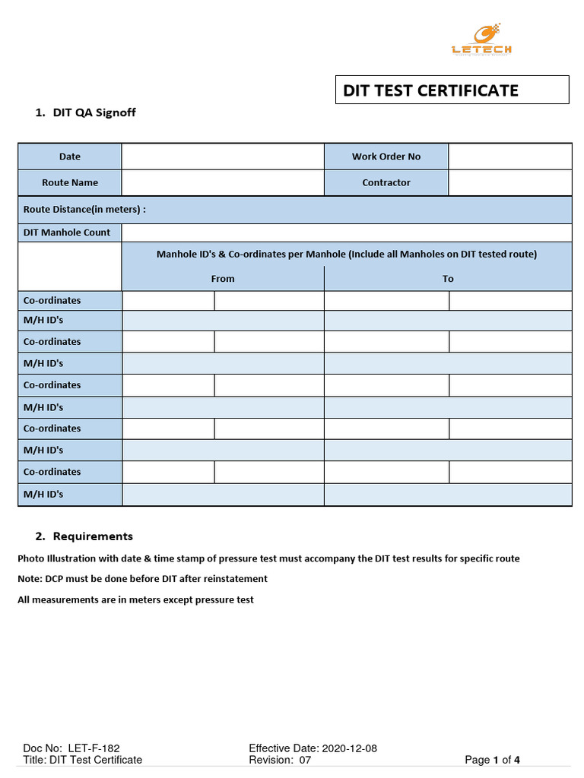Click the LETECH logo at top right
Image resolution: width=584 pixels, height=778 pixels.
click(x=481, y=40)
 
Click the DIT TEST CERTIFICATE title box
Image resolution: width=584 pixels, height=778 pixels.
click(x=452, y=90)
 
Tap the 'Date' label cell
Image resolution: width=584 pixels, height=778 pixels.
click(x=69, y=157)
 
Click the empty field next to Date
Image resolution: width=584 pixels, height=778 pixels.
click(x=223, y=157)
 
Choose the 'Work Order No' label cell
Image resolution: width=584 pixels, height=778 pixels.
click(x=386, y=157)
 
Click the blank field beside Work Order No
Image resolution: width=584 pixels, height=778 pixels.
click(x=509, y=157)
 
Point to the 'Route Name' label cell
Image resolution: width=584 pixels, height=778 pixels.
click(x=69, y=182)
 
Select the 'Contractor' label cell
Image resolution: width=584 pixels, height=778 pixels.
click(x=386, y=182)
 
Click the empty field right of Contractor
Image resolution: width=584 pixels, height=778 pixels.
click(x=509, y=182)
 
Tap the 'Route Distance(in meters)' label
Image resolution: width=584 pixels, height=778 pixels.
click(x=84, y=210)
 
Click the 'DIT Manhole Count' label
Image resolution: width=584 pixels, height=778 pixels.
click(x=67, y=232)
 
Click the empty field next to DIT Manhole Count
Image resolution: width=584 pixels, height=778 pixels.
click(x=346, y=232)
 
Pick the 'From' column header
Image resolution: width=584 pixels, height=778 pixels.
click(x=223, y=279)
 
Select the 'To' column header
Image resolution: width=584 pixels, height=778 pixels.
click(x=448, y=279)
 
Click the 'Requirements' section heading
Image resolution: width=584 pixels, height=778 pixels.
click(x=93, y=536)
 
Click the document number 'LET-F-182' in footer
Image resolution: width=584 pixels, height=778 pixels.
click(x=94, y=748)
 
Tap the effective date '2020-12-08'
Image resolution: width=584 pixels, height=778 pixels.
click(x=350, y=748)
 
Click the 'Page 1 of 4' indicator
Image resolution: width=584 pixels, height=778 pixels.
click(x=492, y=760)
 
